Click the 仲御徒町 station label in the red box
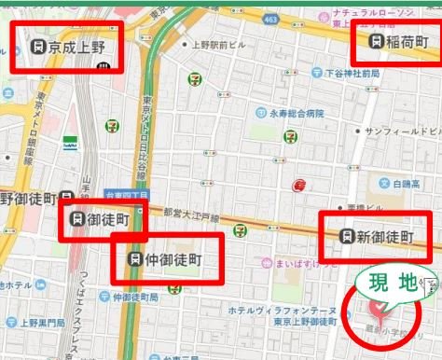tap(168, 257)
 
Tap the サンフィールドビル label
tap(397, 133)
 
